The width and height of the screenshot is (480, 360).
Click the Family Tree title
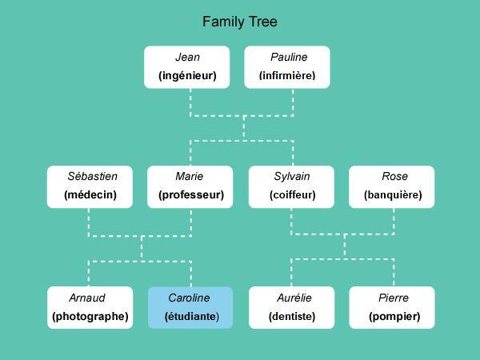tap(240, 22)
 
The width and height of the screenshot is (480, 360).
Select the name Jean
tap(187, 58)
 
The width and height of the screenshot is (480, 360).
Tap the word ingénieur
tap(187, 77)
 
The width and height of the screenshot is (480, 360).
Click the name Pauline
tap(288, 58)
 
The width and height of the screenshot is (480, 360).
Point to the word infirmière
tap(287, 77)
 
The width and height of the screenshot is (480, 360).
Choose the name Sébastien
tap(92, 177)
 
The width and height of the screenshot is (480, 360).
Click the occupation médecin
tap(90, 195)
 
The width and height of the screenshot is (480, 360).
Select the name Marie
tap(190, 177)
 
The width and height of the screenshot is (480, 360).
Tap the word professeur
tap(190, 195)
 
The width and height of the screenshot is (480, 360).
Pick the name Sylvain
tap(292, 177)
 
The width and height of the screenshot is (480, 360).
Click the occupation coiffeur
tap(292, 195)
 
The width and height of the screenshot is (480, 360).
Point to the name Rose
tap(394, 177)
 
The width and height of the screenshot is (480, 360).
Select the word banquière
tap(392, 195)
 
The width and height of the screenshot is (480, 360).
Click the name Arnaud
tap(87, 298)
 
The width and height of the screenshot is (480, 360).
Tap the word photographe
tap(90, 317)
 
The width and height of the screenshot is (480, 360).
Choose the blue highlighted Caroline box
tap(190, 307)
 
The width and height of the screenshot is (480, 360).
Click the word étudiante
tap(191, 317)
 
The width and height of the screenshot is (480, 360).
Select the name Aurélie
tap(294, 298)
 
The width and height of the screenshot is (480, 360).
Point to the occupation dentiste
tap(292, 317)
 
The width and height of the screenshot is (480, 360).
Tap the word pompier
tap(394, 317)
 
